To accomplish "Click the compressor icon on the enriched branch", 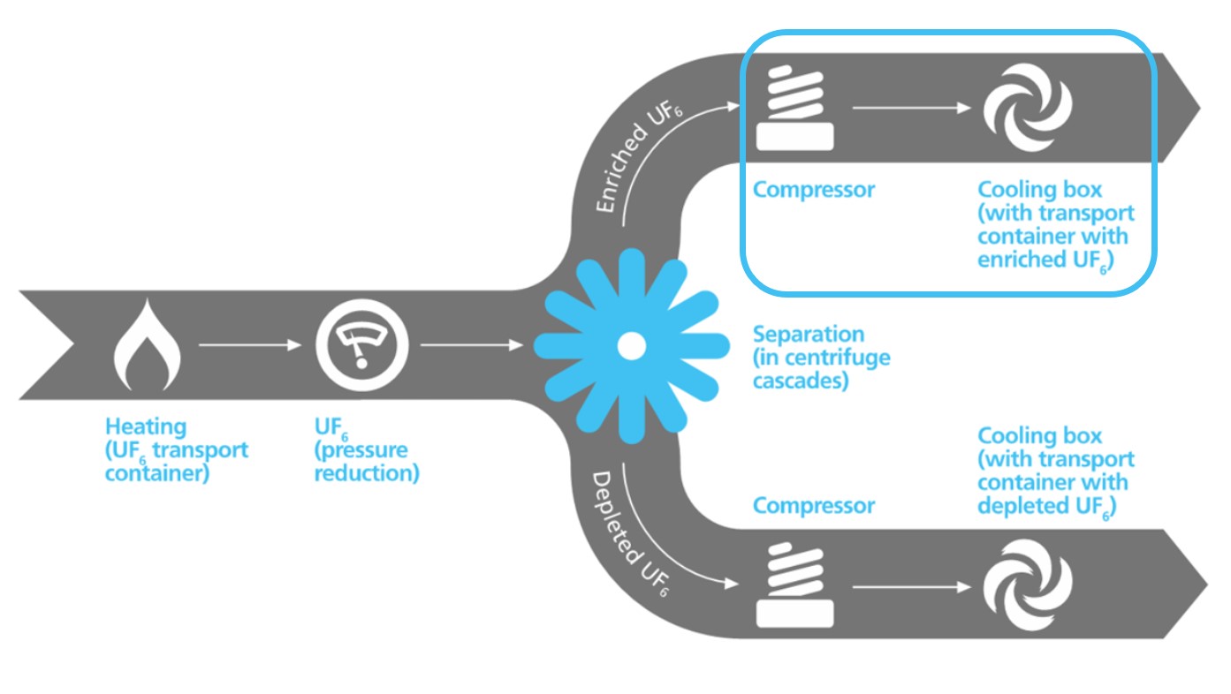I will [794, 109].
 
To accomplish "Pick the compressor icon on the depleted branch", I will [794, 584].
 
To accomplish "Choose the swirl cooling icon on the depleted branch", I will [1028, 584].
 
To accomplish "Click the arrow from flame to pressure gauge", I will [250, 345].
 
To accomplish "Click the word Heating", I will [146, 427].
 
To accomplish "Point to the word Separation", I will [808, 335].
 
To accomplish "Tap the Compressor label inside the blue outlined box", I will [813, 190].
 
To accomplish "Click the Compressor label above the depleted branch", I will [813, 506].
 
